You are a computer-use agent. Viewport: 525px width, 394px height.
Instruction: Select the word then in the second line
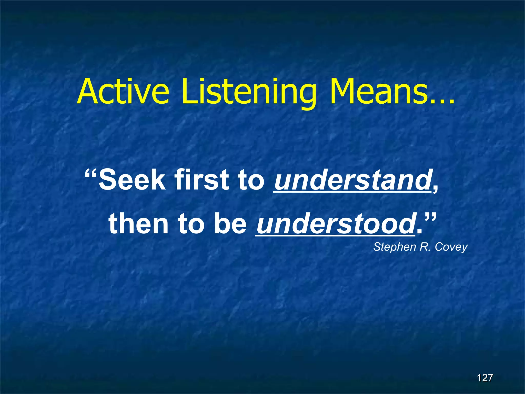click(138, 224)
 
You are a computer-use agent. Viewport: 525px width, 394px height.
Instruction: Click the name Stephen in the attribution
click(394, 247)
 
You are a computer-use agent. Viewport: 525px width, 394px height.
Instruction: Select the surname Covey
click(451, 247)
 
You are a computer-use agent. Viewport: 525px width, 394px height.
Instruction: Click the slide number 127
click(485, 378)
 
